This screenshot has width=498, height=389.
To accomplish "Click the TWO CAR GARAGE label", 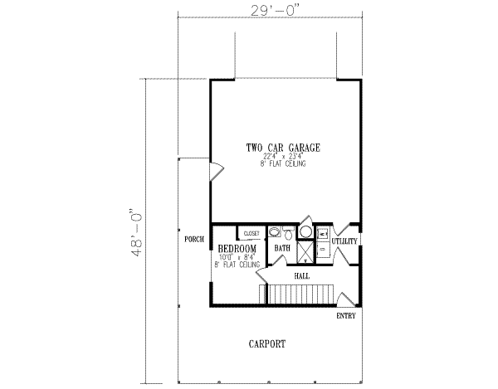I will click(283, 148).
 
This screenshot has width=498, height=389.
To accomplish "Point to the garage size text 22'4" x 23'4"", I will click(283, 157).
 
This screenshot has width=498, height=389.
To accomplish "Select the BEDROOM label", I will click(237, 248).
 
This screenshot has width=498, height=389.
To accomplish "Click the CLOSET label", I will click(251, 234).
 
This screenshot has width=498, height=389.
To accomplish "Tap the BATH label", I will click(282, 248).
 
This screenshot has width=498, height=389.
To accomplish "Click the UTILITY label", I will click(344, 241).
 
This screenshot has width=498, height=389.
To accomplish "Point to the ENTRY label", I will click(347, 316).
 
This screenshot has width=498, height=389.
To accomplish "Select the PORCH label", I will click(194, 239).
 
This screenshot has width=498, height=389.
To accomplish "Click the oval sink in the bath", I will click(305, 232).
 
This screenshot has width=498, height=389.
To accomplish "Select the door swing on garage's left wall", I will click(215, 173).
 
